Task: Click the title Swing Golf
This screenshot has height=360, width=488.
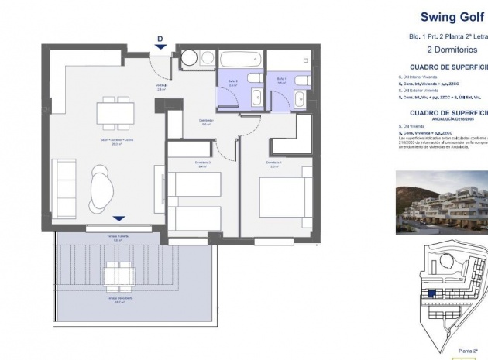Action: pos(448,16)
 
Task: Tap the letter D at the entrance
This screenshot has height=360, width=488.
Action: pos(160,38)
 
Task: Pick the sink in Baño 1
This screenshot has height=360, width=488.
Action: pos(299,97)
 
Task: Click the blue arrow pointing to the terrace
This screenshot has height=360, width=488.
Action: pos(118,219)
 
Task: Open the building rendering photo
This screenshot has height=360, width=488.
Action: pos(442,202)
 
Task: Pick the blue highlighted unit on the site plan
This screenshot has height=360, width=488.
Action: pos(431,294)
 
